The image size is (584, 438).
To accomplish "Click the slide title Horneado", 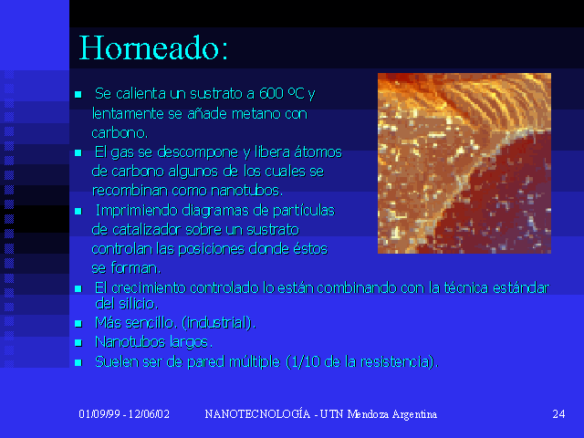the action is pyautogui.click(x=153, y=48).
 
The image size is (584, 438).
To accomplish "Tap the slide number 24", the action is pyautogui.click(x=558, y=414).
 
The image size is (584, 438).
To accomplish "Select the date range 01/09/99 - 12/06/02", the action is pyautogui.click(x=124, y=414).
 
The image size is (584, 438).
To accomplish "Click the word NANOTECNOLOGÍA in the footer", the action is pyautogui.click(x=257, y=413).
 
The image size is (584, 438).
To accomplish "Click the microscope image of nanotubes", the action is pyautogui.click(x=464, y=163).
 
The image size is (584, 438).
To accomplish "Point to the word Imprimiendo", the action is pyautogui.click(x=137, y=211).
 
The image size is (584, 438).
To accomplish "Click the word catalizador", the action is pyautogui.click(x=146, y=229).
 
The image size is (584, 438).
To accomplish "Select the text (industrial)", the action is pyautogui.click(x=219, y=322).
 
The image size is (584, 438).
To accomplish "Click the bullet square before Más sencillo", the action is pyautogui.click(x=78, y=323).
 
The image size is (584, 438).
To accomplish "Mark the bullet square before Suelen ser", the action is pyautogui.click(x=78, y=362).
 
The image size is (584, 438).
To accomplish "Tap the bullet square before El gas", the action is pyautogui.click(x=78, y=152).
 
